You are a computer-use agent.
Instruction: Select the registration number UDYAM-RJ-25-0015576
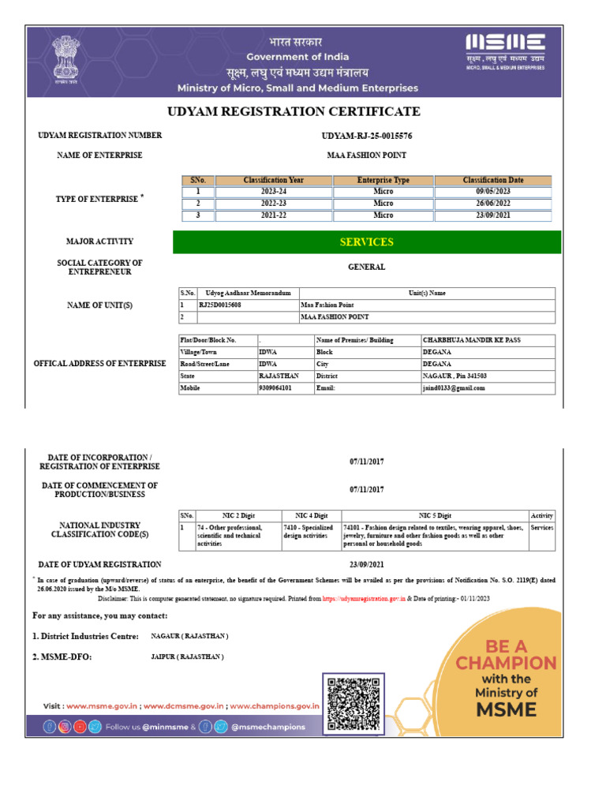tap(367, 136)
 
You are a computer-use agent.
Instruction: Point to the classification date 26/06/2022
tap(494, 203)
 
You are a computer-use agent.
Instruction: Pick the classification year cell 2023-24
tap(273, 192)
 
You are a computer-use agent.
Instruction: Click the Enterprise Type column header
tap(383, 181)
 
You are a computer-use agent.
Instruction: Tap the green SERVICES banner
tap(367, 242)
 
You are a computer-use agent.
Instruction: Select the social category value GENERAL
tap(367, 267)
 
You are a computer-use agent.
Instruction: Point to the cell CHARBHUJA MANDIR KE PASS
tap(471, 340)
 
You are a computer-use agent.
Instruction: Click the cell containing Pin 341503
tap(455, 376)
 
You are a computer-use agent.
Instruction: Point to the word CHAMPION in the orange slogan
tap(506, 663)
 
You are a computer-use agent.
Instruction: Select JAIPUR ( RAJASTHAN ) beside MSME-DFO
tap(187, 656)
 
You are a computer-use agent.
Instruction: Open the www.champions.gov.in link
tap(274, 706)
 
